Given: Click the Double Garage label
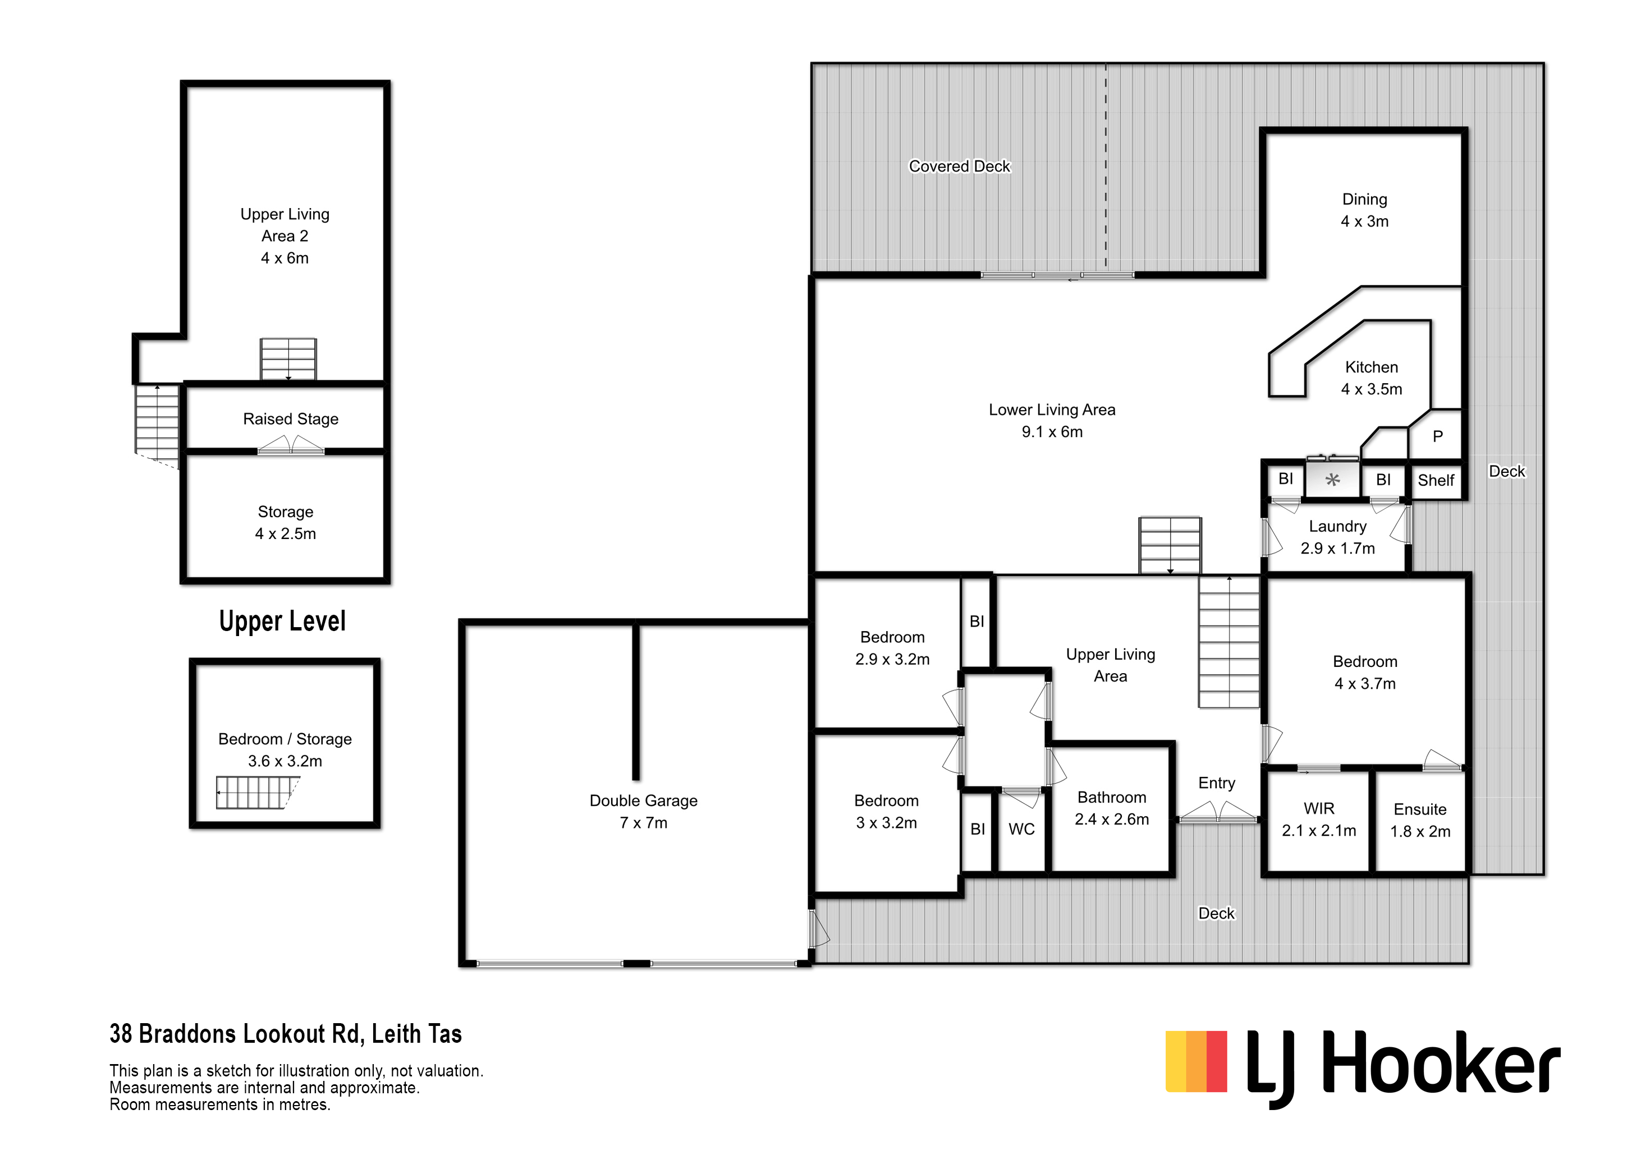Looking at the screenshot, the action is pos(643,812).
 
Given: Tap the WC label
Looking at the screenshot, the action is pos(1021,829).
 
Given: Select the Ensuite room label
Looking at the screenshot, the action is pos(1420,820).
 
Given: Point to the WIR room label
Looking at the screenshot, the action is pos(1319,820).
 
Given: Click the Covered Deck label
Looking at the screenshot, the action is pos(959,167).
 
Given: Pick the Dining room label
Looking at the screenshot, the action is pos(1364,210).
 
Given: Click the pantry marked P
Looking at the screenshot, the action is pos(1437,436).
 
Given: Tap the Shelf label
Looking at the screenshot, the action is pos(1436,481).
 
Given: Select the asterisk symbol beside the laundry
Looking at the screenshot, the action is pos(1333,480).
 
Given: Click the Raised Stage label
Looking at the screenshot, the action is pos(291,419).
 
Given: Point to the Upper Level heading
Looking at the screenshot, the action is pos(282,622).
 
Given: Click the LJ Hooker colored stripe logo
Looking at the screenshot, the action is pos(1197,1061).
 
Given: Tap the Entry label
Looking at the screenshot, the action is pos(1217,784).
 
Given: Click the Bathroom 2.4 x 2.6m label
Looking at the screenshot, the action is pos(1111,808).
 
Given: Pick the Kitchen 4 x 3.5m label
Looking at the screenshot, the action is pos(1372,379).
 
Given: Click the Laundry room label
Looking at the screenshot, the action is pos(1337,537).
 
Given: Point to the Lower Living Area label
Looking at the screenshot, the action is pos(1052,421).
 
